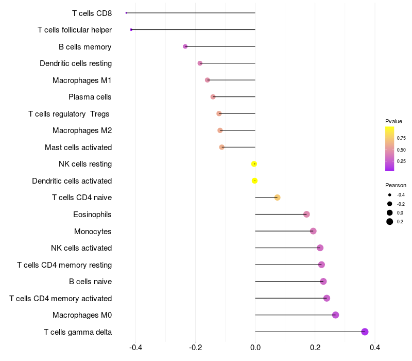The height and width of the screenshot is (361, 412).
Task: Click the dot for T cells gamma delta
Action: click(x=365, y=332)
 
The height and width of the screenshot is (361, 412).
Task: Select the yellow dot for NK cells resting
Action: click(x=254, y=164)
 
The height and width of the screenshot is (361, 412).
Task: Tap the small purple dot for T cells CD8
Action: click(x=126, y=13)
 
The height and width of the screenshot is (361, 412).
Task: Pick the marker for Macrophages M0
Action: click(x=335, y=315)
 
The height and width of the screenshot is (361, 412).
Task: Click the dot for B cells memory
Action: click(x=185, y=46)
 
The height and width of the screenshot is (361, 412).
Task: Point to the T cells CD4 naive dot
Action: click(x=277, y=198)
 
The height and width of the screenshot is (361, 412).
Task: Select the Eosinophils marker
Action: click(x=306, y=214)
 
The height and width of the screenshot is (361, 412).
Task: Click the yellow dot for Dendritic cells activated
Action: click(x=254, y=181)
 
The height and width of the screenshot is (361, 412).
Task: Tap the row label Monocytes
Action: click(x=93, y=232)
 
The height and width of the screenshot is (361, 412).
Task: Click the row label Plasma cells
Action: click(x=90, y=97)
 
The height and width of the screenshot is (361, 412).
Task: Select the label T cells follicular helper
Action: click(x=75, y=30)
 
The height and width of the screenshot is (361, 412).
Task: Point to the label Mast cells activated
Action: click(x=78, y=147)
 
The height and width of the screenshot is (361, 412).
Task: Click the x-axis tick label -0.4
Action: click(x=135, y=348)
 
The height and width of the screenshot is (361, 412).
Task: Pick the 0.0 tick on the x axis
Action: click(x=255, y=348)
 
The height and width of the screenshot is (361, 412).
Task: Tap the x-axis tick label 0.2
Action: click(x=315, y=348)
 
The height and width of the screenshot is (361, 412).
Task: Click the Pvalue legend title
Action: click(x=393, y=121)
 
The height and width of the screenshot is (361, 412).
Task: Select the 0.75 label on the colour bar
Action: click(x=401, y=138)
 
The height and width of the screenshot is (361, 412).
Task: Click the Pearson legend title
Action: click(x=396, y=185)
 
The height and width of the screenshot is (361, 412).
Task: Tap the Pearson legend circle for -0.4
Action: click(x=389, y=195)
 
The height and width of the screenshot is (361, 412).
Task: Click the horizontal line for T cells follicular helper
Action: click(x=193, y=30)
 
